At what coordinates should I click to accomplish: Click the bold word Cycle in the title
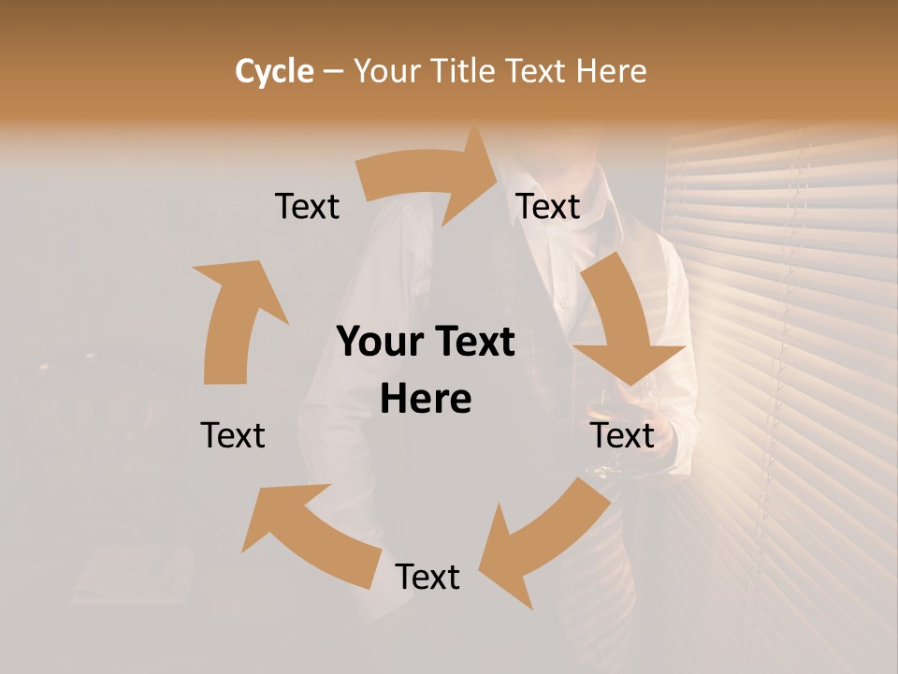[x=274, y=71]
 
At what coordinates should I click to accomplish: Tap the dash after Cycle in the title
[x=333, y=71]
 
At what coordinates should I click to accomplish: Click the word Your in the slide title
[x=386, y=71]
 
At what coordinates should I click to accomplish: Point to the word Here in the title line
[x=611, y=71]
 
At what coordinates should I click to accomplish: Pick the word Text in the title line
[x=537, y=71]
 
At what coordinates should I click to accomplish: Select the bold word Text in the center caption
[x=471, y=342]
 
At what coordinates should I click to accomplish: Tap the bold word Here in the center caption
[x=426, y=399]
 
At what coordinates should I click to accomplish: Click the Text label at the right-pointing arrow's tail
[x=307, y=207]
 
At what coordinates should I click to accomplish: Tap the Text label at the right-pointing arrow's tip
[x=548, y=207]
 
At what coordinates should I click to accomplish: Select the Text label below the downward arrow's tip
[x=622, y=435]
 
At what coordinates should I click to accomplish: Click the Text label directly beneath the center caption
[x=427, y=577]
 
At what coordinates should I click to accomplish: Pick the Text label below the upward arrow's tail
[x=233, y=435]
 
